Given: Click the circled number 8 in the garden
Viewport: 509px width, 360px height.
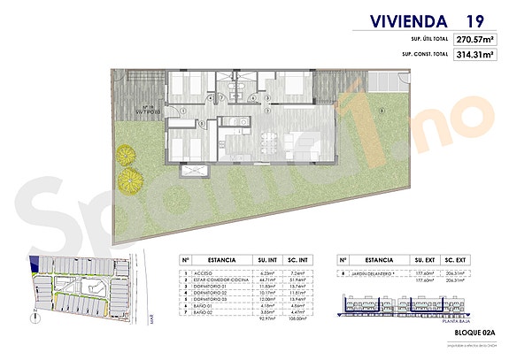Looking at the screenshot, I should pos(381,110).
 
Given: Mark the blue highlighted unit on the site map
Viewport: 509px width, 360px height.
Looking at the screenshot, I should pos(35,262).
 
